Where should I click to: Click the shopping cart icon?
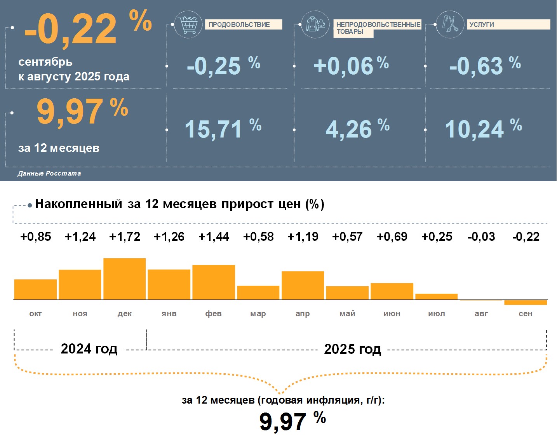click(188, 25)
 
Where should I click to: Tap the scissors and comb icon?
click(450, 24)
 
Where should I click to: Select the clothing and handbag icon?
click(315, 24)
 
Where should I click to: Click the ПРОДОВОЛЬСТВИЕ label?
click(239, 24)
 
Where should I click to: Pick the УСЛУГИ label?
click(482, 24)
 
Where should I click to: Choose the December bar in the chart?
click(125, 279)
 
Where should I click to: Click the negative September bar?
click(526, 302)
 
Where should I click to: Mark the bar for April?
click(303, 285)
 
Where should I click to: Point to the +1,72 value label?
click(125, 237)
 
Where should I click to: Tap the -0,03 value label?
click(481, 237)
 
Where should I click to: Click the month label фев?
click(214, 313)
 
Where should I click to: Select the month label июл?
click(437, 313)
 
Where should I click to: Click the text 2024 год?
click(89, 349)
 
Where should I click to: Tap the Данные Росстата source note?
click(49, 173)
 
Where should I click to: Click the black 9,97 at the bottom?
click(283, 422)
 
